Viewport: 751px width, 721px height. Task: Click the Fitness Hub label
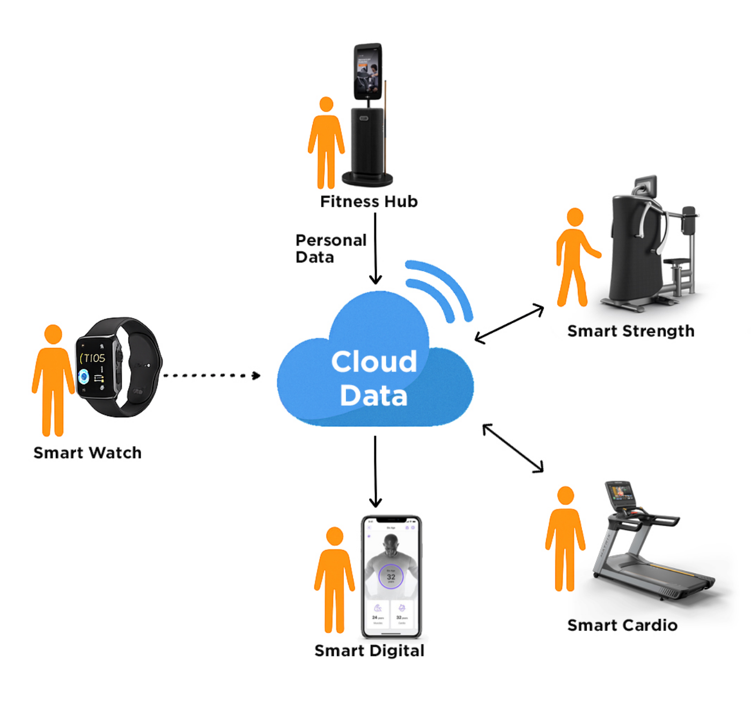(x=369, y=202)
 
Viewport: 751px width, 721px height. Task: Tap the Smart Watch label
(x=87, y=453)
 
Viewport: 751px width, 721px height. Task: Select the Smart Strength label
(x=631, y=331)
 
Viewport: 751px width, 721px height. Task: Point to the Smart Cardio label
(x=622, y=625)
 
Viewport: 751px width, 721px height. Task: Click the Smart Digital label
(x=369, y=651)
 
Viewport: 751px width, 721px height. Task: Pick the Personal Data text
(x=330, y=249)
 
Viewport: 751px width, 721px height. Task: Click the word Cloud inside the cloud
(x=374, y=362)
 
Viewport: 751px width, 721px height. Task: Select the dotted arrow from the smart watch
(x=211, y=375)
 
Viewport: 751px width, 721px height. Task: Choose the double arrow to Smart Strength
(x=510, y=324)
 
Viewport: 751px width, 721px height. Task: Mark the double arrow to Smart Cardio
(x=513, y=448)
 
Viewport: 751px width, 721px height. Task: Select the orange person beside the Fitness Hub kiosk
(x=326, y=142)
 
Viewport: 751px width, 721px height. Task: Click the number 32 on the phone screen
(x=391, y=577)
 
